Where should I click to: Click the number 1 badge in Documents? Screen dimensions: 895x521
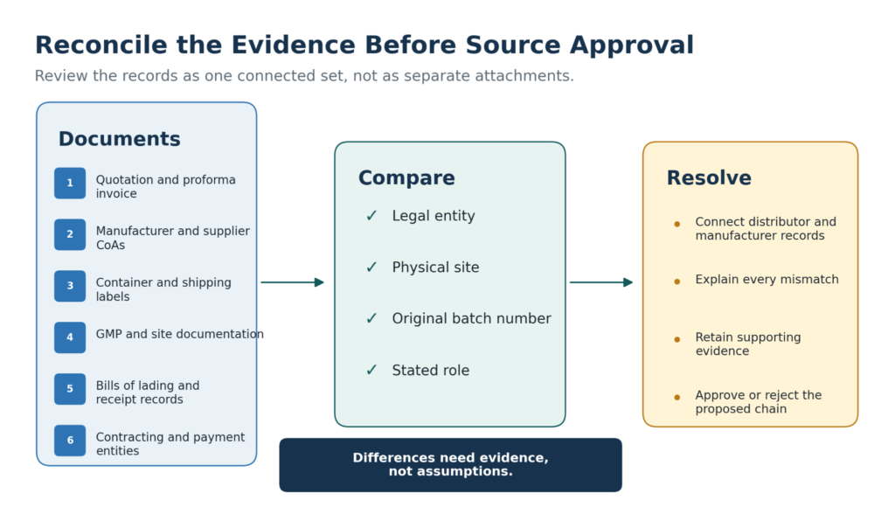(x=70, y=184)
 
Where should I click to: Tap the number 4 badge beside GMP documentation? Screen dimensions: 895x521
(x=70, y=337)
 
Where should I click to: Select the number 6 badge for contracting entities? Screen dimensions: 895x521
(x=70, y=441)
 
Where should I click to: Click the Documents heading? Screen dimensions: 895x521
(x=119, y=139)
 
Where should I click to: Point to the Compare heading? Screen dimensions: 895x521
(x=406, y=178)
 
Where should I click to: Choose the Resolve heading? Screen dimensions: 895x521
(x=709, y=178)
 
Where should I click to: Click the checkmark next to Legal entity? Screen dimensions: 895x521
(x=371, y=216)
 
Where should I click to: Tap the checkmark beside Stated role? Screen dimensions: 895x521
(x=371, y=371)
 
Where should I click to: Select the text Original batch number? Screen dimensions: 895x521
(x=471, y=318)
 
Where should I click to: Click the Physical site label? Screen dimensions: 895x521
(x=435, y=267)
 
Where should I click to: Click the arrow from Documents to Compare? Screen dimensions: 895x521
(x=292, y=282)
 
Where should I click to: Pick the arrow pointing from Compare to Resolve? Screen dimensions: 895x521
(x=601, y=282)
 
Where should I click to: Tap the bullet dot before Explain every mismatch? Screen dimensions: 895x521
(x=677, y=281)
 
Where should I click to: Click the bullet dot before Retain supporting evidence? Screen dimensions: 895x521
(x=677, y=339)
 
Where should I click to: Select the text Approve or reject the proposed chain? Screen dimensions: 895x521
(x=758, y=402)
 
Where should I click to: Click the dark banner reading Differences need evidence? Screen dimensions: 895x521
(x=450, y=465)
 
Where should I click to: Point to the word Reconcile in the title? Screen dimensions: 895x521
(x=101, y=45)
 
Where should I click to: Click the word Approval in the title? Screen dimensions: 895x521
(x=632, y=45)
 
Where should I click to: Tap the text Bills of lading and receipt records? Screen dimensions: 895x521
(x=147, y=392)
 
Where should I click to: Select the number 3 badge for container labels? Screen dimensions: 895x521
(x=70, y=286)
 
